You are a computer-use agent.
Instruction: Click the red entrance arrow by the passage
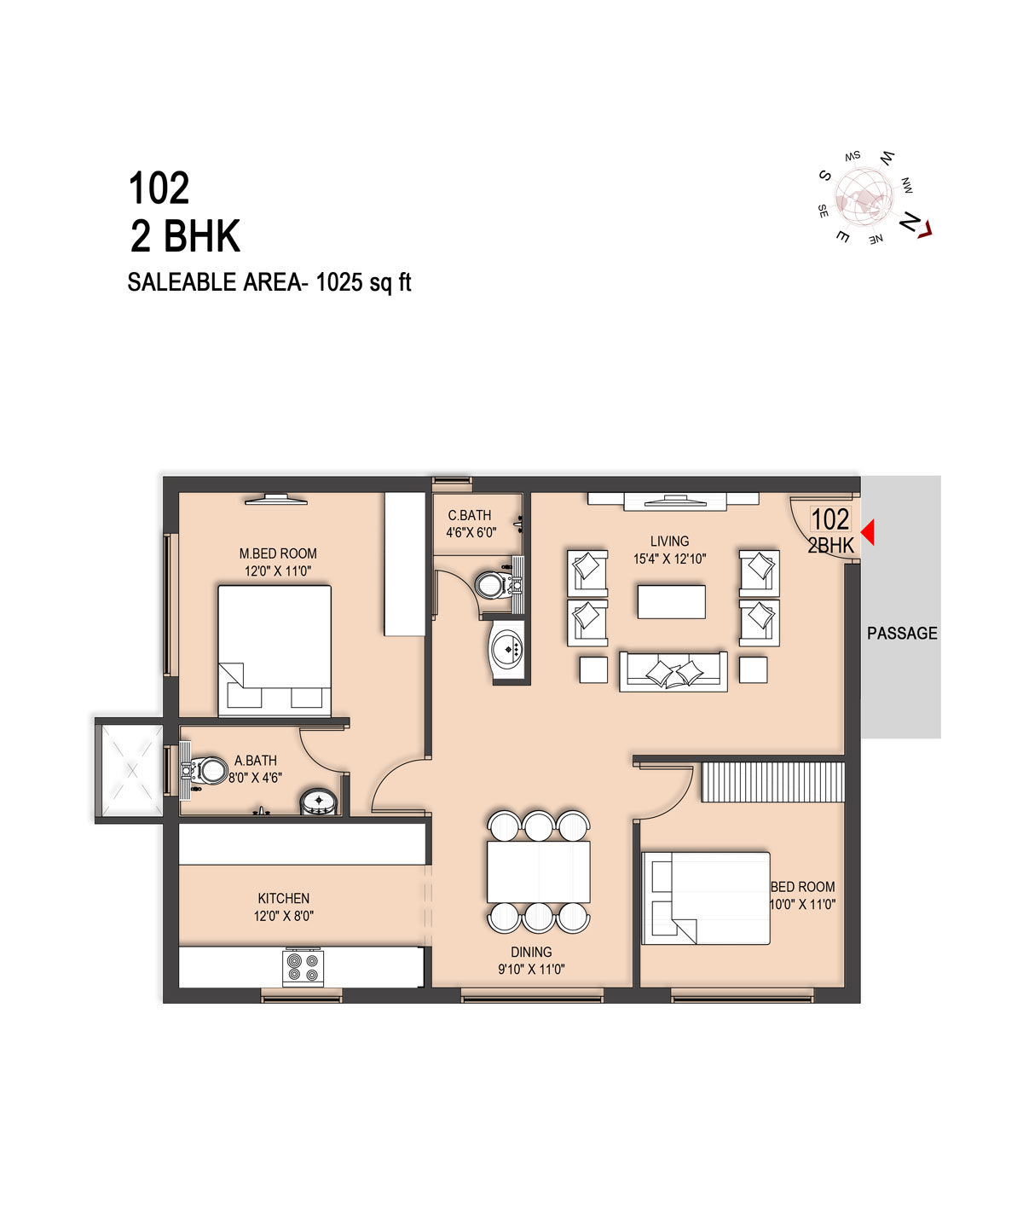point(868,531)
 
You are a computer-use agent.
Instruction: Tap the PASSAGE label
point(902,634)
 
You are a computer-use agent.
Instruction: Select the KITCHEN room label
point(283,898)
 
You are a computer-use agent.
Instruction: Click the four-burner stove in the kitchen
point(303,967)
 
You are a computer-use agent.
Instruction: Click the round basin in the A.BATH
point(319,802)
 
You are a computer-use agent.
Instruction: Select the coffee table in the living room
point(672,602)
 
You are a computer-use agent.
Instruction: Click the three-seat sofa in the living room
point(673,671)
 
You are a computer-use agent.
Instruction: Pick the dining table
point(539,872)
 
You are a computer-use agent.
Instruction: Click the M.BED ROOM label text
point(278,553)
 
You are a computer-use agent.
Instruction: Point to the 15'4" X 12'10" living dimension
point(670,559)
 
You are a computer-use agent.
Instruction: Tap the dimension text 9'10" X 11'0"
point(531,970)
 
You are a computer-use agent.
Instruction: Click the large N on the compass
point(909,222)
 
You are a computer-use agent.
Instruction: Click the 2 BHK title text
point(185,236)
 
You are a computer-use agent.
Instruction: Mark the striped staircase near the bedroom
point(773,782)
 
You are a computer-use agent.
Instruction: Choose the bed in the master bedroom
point(275,651)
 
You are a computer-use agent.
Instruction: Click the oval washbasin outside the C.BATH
point(507,649)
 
